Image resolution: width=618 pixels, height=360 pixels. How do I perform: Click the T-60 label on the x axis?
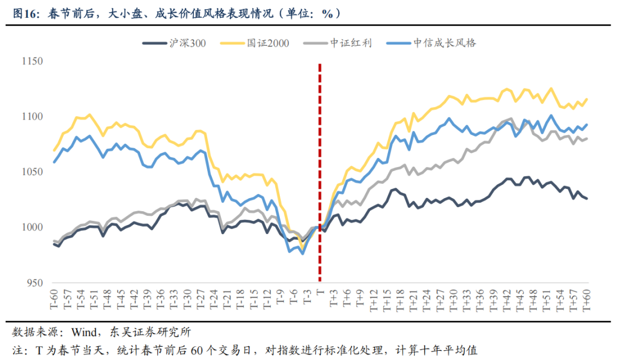click(x=54, y=299)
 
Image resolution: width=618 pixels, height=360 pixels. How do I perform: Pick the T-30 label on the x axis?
click(x=187, y=299)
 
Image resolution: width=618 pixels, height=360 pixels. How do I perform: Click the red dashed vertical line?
click(x=319, y=172)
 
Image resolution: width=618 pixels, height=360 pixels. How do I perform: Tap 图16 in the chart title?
click(x=24, y=13)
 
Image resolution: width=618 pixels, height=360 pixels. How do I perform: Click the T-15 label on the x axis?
click(x=253, y=299)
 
